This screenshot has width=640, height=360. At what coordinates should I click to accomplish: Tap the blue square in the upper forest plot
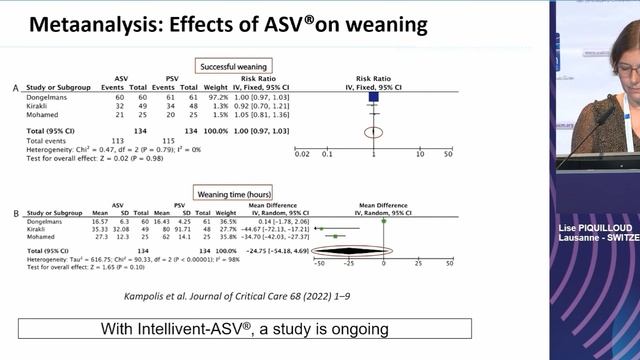tap(374, 98)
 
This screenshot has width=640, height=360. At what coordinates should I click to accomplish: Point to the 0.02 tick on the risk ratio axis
tap(302, 154)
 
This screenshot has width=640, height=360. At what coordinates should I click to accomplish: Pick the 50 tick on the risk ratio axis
tap(449, 154)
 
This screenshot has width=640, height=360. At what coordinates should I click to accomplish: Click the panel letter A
tap(15, 90)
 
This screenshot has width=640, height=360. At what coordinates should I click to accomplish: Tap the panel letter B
tap(15, 213)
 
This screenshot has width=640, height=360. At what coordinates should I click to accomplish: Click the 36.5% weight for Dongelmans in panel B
tap(229, 221)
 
